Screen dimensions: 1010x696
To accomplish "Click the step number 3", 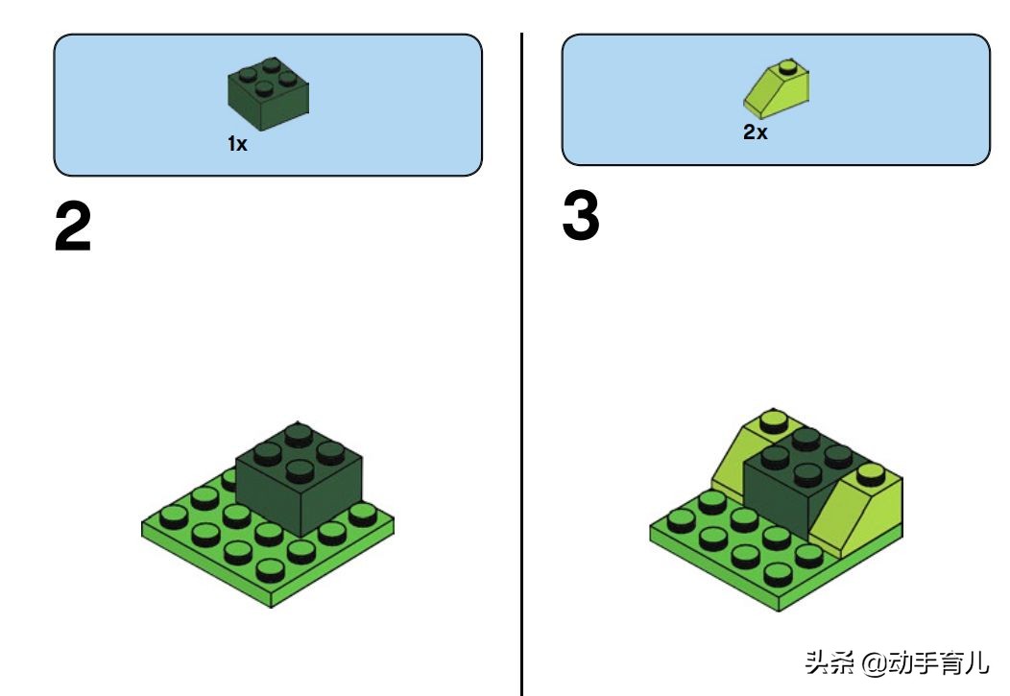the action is coord(580,216).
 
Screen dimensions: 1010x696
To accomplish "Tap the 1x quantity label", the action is coord(237,144).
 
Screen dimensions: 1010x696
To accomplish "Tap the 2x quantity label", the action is coord(755,132).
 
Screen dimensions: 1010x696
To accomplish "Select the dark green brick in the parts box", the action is coord(268,93).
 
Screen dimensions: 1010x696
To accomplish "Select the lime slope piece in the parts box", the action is coord(776,89).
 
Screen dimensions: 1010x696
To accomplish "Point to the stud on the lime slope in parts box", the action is coord(787,66).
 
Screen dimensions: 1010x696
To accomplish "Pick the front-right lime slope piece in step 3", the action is coord(856,512).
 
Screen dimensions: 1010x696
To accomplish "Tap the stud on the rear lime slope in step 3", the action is coord(773,420).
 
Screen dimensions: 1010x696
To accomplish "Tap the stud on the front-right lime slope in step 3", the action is coord(871,474).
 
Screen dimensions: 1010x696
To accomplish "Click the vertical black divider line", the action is coord(521,364).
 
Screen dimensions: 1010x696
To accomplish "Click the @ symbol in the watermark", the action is coord(874,662).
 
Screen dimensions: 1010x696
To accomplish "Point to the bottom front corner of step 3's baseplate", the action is coord(779,611).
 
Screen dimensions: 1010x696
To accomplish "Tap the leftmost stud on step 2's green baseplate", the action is coord(173,517).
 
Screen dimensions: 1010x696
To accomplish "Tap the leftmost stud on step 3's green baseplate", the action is coord(681,521).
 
